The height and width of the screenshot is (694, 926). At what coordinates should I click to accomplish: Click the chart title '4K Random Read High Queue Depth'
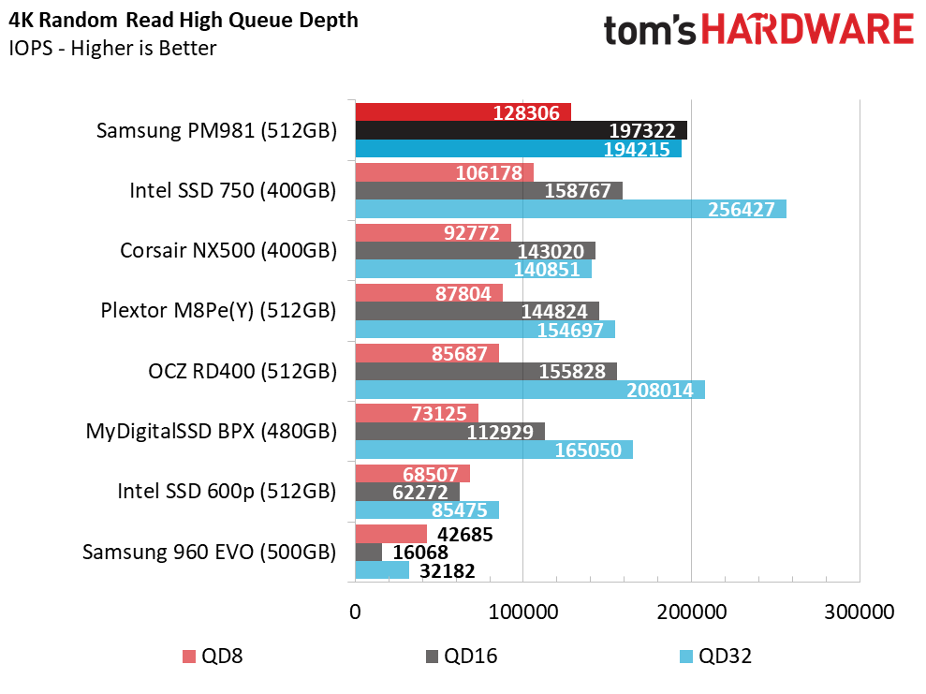point(184,21)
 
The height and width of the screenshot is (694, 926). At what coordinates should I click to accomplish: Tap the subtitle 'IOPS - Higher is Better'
point(112,48)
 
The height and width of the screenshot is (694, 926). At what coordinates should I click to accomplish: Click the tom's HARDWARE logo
point(759,30)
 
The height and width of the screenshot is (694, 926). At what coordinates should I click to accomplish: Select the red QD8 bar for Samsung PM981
point(463,112)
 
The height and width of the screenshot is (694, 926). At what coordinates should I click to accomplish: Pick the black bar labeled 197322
point(521,130)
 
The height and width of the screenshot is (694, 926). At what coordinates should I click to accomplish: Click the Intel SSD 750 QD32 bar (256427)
point(570,209)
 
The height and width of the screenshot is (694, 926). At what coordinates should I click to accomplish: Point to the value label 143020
point(551,252)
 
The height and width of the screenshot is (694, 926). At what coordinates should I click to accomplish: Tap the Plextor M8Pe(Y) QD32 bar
point(485,330)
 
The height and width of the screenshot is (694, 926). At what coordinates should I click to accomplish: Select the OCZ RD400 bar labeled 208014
point(530,390)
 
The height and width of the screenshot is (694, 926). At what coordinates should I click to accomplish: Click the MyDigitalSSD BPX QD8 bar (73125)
point(417,413)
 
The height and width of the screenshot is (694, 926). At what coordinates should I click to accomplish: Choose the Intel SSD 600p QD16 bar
point(407,492)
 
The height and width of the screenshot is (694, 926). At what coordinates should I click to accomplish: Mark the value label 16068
point(420,553)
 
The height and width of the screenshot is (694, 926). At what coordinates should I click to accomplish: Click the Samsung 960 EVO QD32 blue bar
point(382,570)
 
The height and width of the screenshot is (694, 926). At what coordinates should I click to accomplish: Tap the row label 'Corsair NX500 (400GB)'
point(228,250)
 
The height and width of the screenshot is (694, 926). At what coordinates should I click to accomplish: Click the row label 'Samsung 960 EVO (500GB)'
point(210,553)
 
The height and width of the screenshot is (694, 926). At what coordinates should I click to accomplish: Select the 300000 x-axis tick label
point(860,612)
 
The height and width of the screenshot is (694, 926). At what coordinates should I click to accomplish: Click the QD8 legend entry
point(213,657)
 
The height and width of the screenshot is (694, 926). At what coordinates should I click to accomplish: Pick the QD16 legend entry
point(462,657)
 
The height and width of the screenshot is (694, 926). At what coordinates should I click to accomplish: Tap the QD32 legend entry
point(715,657)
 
